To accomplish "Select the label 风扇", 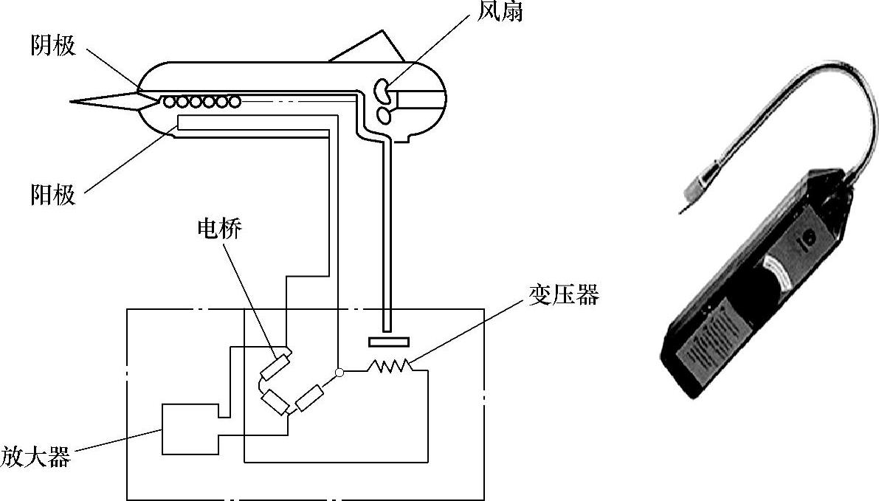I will [x=500, y=11].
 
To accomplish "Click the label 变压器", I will [x=563, y=296].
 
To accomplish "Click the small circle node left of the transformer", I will [x=339, y=373].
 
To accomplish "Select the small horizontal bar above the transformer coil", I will [x=387, y=342].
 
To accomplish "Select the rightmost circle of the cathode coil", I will [x=233, y=101].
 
